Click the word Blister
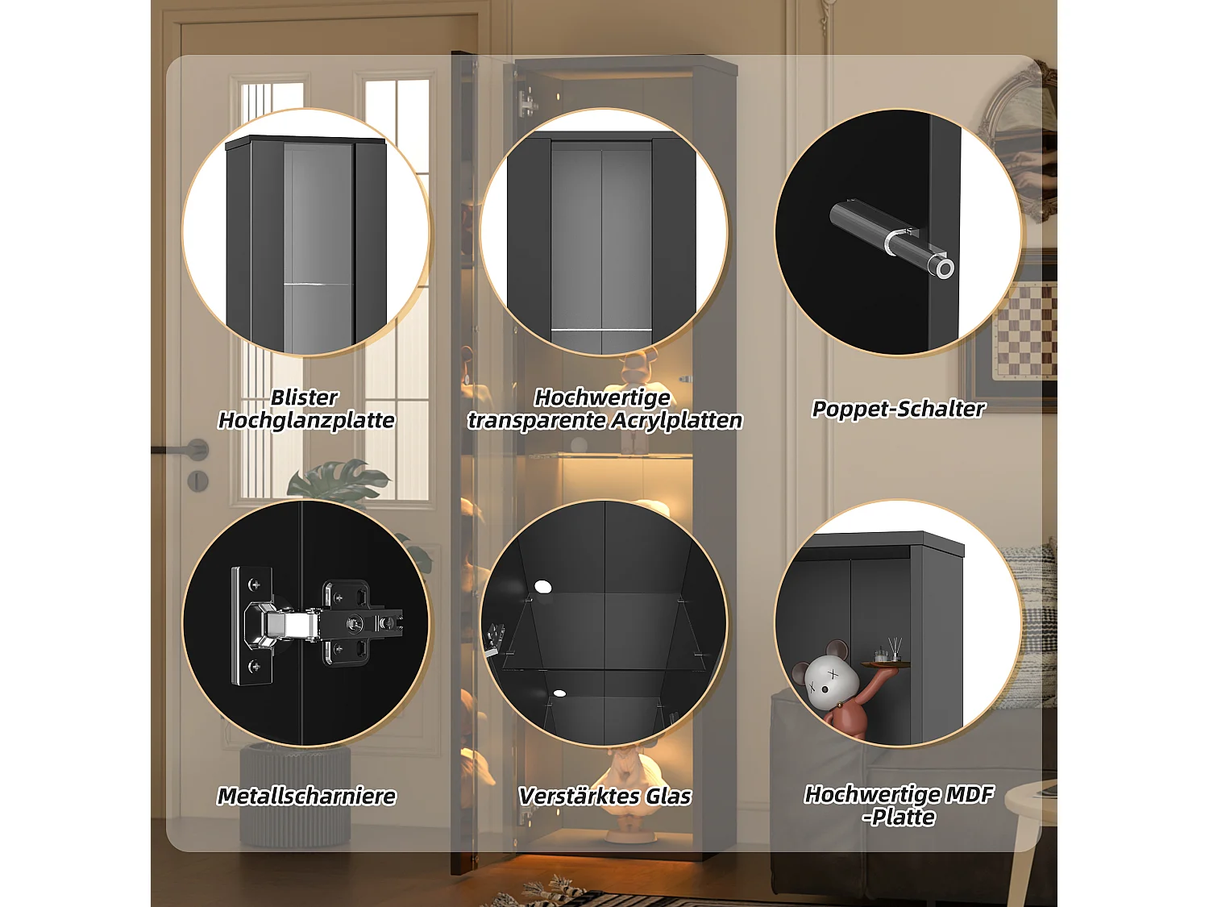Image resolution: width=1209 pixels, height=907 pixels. point(304,397)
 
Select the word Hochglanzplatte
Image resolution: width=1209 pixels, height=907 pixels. point(306,420)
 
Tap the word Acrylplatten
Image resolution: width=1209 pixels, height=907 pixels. point(676,420)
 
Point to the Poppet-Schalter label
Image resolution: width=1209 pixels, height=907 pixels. point(898,409)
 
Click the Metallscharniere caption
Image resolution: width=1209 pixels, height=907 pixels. point(306,796)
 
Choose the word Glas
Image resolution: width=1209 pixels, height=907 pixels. point(668,796)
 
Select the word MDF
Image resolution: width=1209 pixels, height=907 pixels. point(969,794)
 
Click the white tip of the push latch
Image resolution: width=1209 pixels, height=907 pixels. point(945,268)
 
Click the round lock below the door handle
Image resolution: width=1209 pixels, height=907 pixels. point(197,481)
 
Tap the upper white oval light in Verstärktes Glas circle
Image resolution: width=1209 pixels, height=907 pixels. point(542,586)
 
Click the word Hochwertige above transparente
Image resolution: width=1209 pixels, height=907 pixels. point(602,397)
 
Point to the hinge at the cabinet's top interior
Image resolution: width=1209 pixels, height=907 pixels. point(528,102)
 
